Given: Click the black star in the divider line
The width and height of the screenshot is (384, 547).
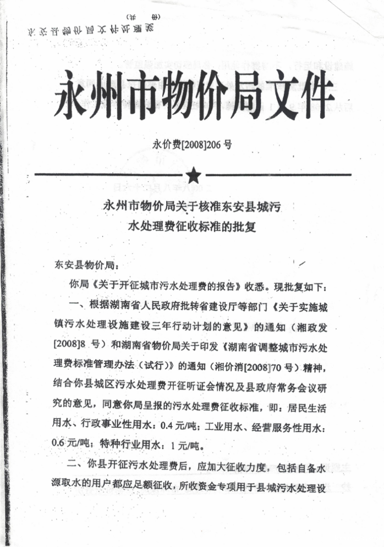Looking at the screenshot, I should pyautogui.click(x=193, y=175).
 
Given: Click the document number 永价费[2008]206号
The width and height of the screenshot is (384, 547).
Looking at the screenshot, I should pyautogui.click(x=193, y=145).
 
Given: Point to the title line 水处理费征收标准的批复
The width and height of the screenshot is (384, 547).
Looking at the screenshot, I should pyautogui.click(x=193, y=225).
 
